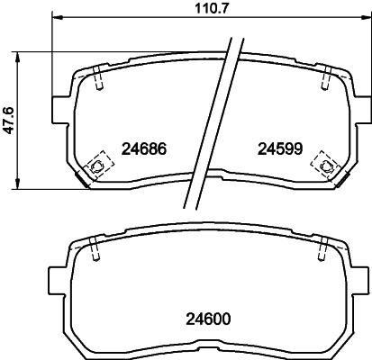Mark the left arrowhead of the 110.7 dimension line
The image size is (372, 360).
58,20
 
